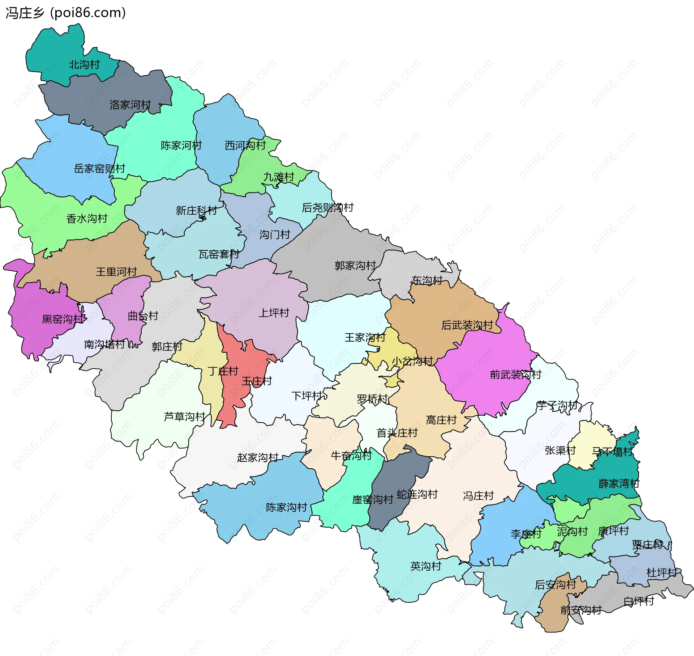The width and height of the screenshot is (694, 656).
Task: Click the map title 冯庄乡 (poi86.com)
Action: [65, 13]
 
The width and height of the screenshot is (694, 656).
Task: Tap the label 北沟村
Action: [84, 65]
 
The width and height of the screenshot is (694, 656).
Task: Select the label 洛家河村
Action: [130, 105]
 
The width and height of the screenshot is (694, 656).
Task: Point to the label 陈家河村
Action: [181, 145]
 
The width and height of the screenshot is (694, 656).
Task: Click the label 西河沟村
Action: [245, 145]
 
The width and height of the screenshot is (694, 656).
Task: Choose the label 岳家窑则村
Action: [99, 169]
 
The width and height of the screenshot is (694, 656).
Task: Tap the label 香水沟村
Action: [87, 219]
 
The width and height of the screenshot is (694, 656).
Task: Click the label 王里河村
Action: [116, 272]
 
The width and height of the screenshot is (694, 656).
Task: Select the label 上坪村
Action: [274, 313]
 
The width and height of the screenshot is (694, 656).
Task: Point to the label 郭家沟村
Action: [355, 266]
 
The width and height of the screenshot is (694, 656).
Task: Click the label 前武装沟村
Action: [515, 374]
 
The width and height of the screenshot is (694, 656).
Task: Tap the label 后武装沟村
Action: [467, 325]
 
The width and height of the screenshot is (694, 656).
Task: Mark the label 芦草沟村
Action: [185, 417]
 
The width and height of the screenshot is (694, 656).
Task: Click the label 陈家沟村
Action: [286, 507]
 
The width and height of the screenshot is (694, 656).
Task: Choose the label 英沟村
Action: [426, 566]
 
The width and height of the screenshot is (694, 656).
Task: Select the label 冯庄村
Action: [478, 496]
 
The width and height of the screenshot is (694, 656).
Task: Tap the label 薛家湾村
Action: [619, 484]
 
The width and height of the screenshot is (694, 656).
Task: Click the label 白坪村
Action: [639, 601]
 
